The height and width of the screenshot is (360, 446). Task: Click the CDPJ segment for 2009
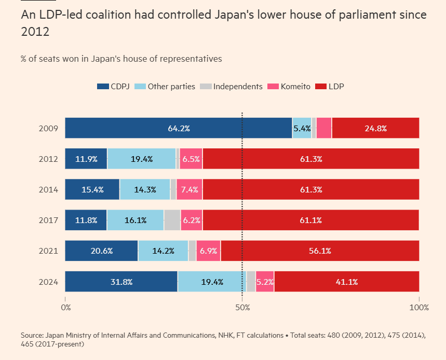[x=178, y=128]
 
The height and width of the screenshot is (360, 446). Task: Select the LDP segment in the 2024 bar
[x=346, y=282]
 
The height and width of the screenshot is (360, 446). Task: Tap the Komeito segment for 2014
[x=189, y=189]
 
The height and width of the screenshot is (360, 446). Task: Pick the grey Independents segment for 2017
[x=172, y=220]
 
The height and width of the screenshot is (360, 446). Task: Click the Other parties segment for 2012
[x=141, y=159]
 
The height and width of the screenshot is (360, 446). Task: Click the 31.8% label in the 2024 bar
[x=121, y=282]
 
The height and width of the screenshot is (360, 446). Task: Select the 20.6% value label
[x=101, y=251]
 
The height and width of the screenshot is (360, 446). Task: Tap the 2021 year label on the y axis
[x=49, y=251]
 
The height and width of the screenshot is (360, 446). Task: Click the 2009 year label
[x=49, y=128]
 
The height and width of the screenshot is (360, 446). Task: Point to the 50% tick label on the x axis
[x=242, y=307]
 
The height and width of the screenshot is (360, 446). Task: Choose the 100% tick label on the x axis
[x=419, y=307]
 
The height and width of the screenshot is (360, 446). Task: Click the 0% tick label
[x=66, y=307]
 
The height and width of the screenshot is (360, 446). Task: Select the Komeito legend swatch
[x=273, y=87]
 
